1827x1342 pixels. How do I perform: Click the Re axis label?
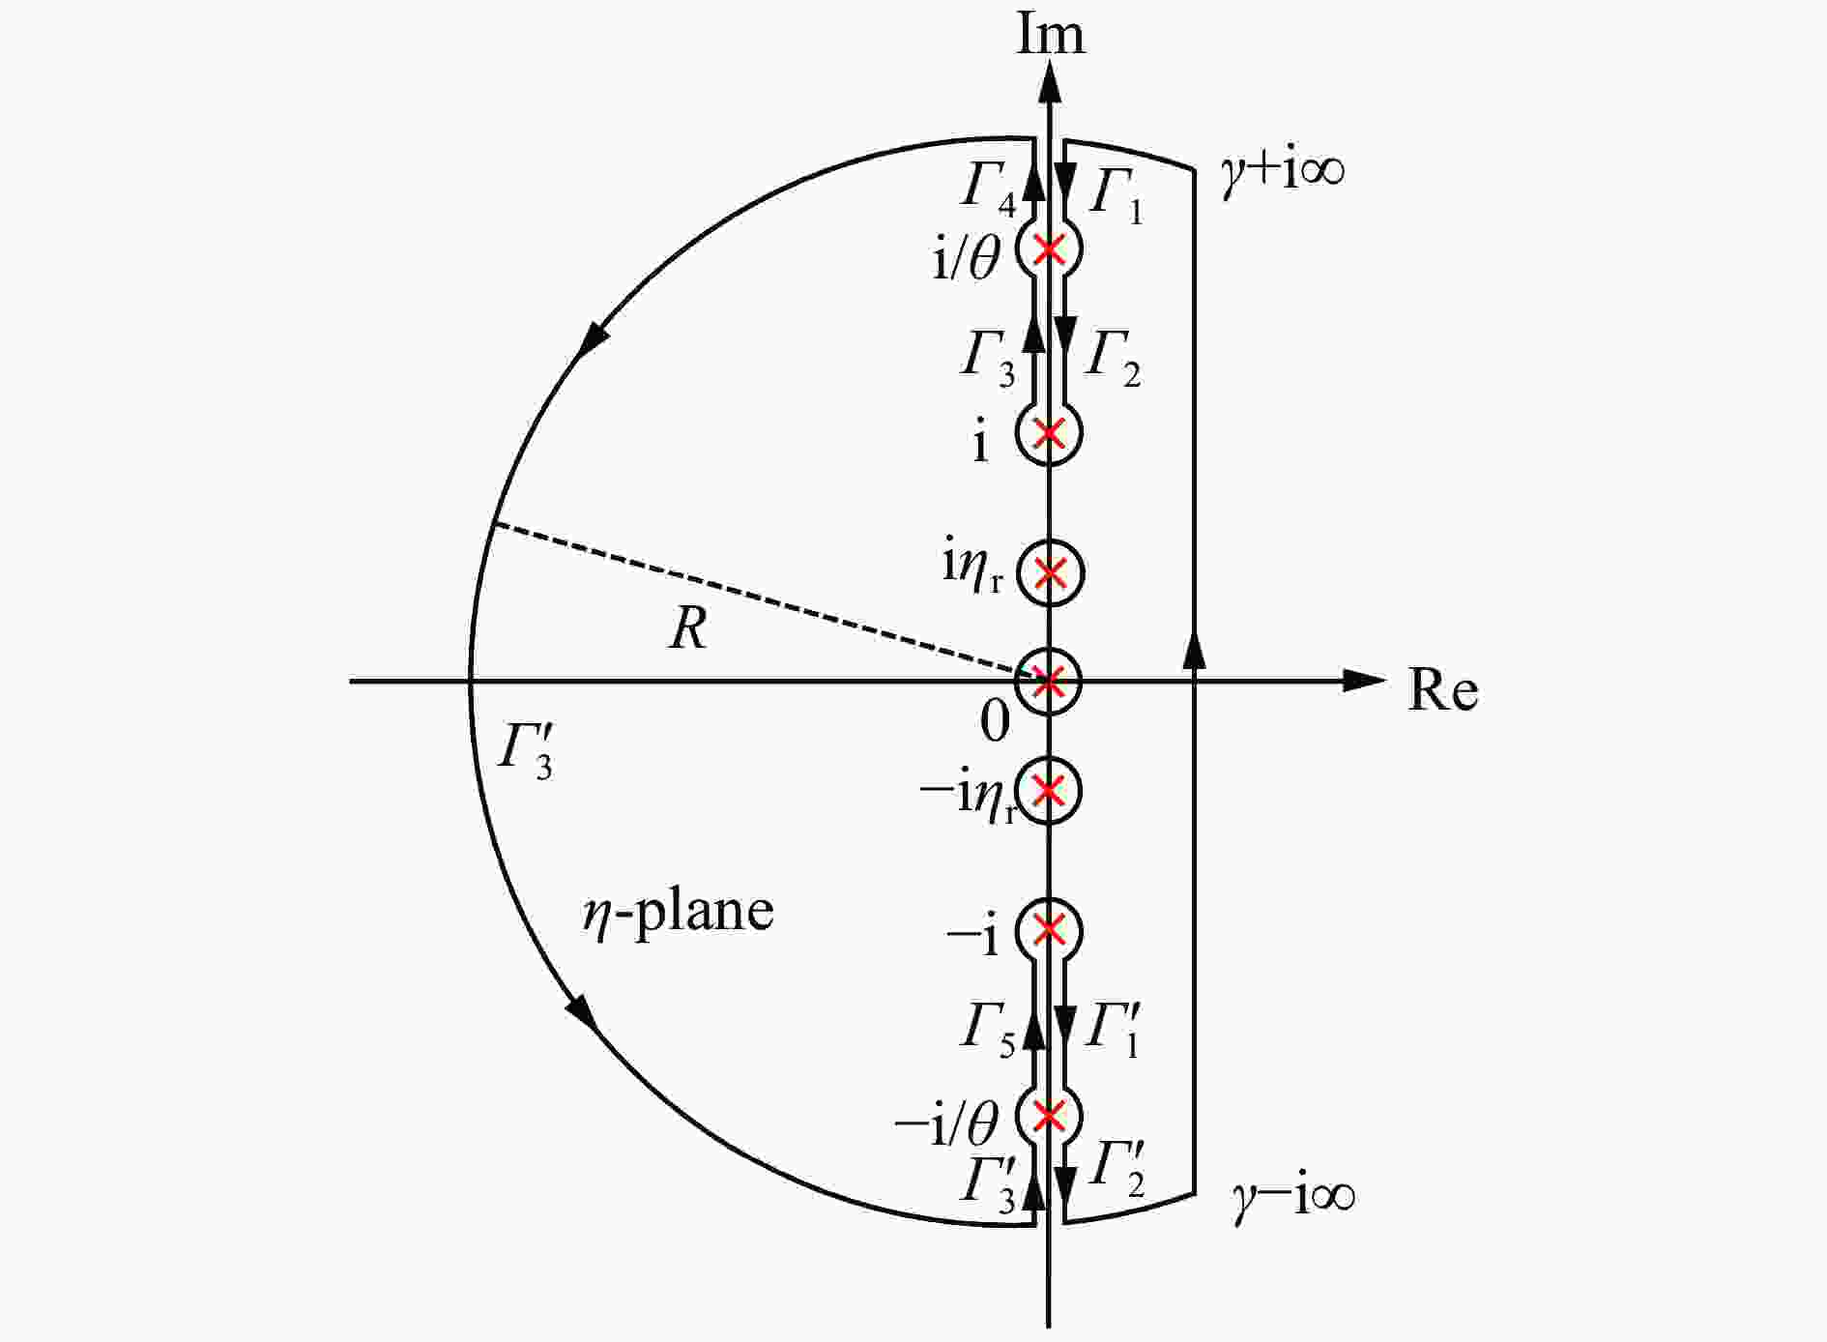(1442, 690)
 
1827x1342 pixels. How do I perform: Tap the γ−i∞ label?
(1293, 1195)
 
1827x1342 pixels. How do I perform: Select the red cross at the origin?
(1050, 681)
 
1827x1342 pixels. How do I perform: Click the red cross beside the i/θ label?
(1050, 249)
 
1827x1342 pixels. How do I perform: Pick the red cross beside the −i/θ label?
(1050, 1116)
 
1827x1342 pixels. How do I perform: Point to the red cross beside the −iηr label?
(1050, 791)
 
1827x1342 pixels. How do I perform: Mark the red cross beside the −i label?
(1050, 930)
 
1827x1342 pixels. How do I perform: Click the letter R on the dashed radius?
(687, 628)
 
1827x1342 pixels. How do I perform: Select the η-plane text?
(677, 911)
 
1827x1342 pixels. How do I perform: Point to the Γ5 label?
(988, 1031)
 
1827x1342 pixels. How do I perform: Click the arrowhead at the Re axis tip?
(1365, 681)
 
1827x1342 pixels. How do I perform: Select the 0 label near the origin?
(996, 720)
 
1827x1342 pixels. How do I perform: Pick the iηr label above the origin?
(973, 569)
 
